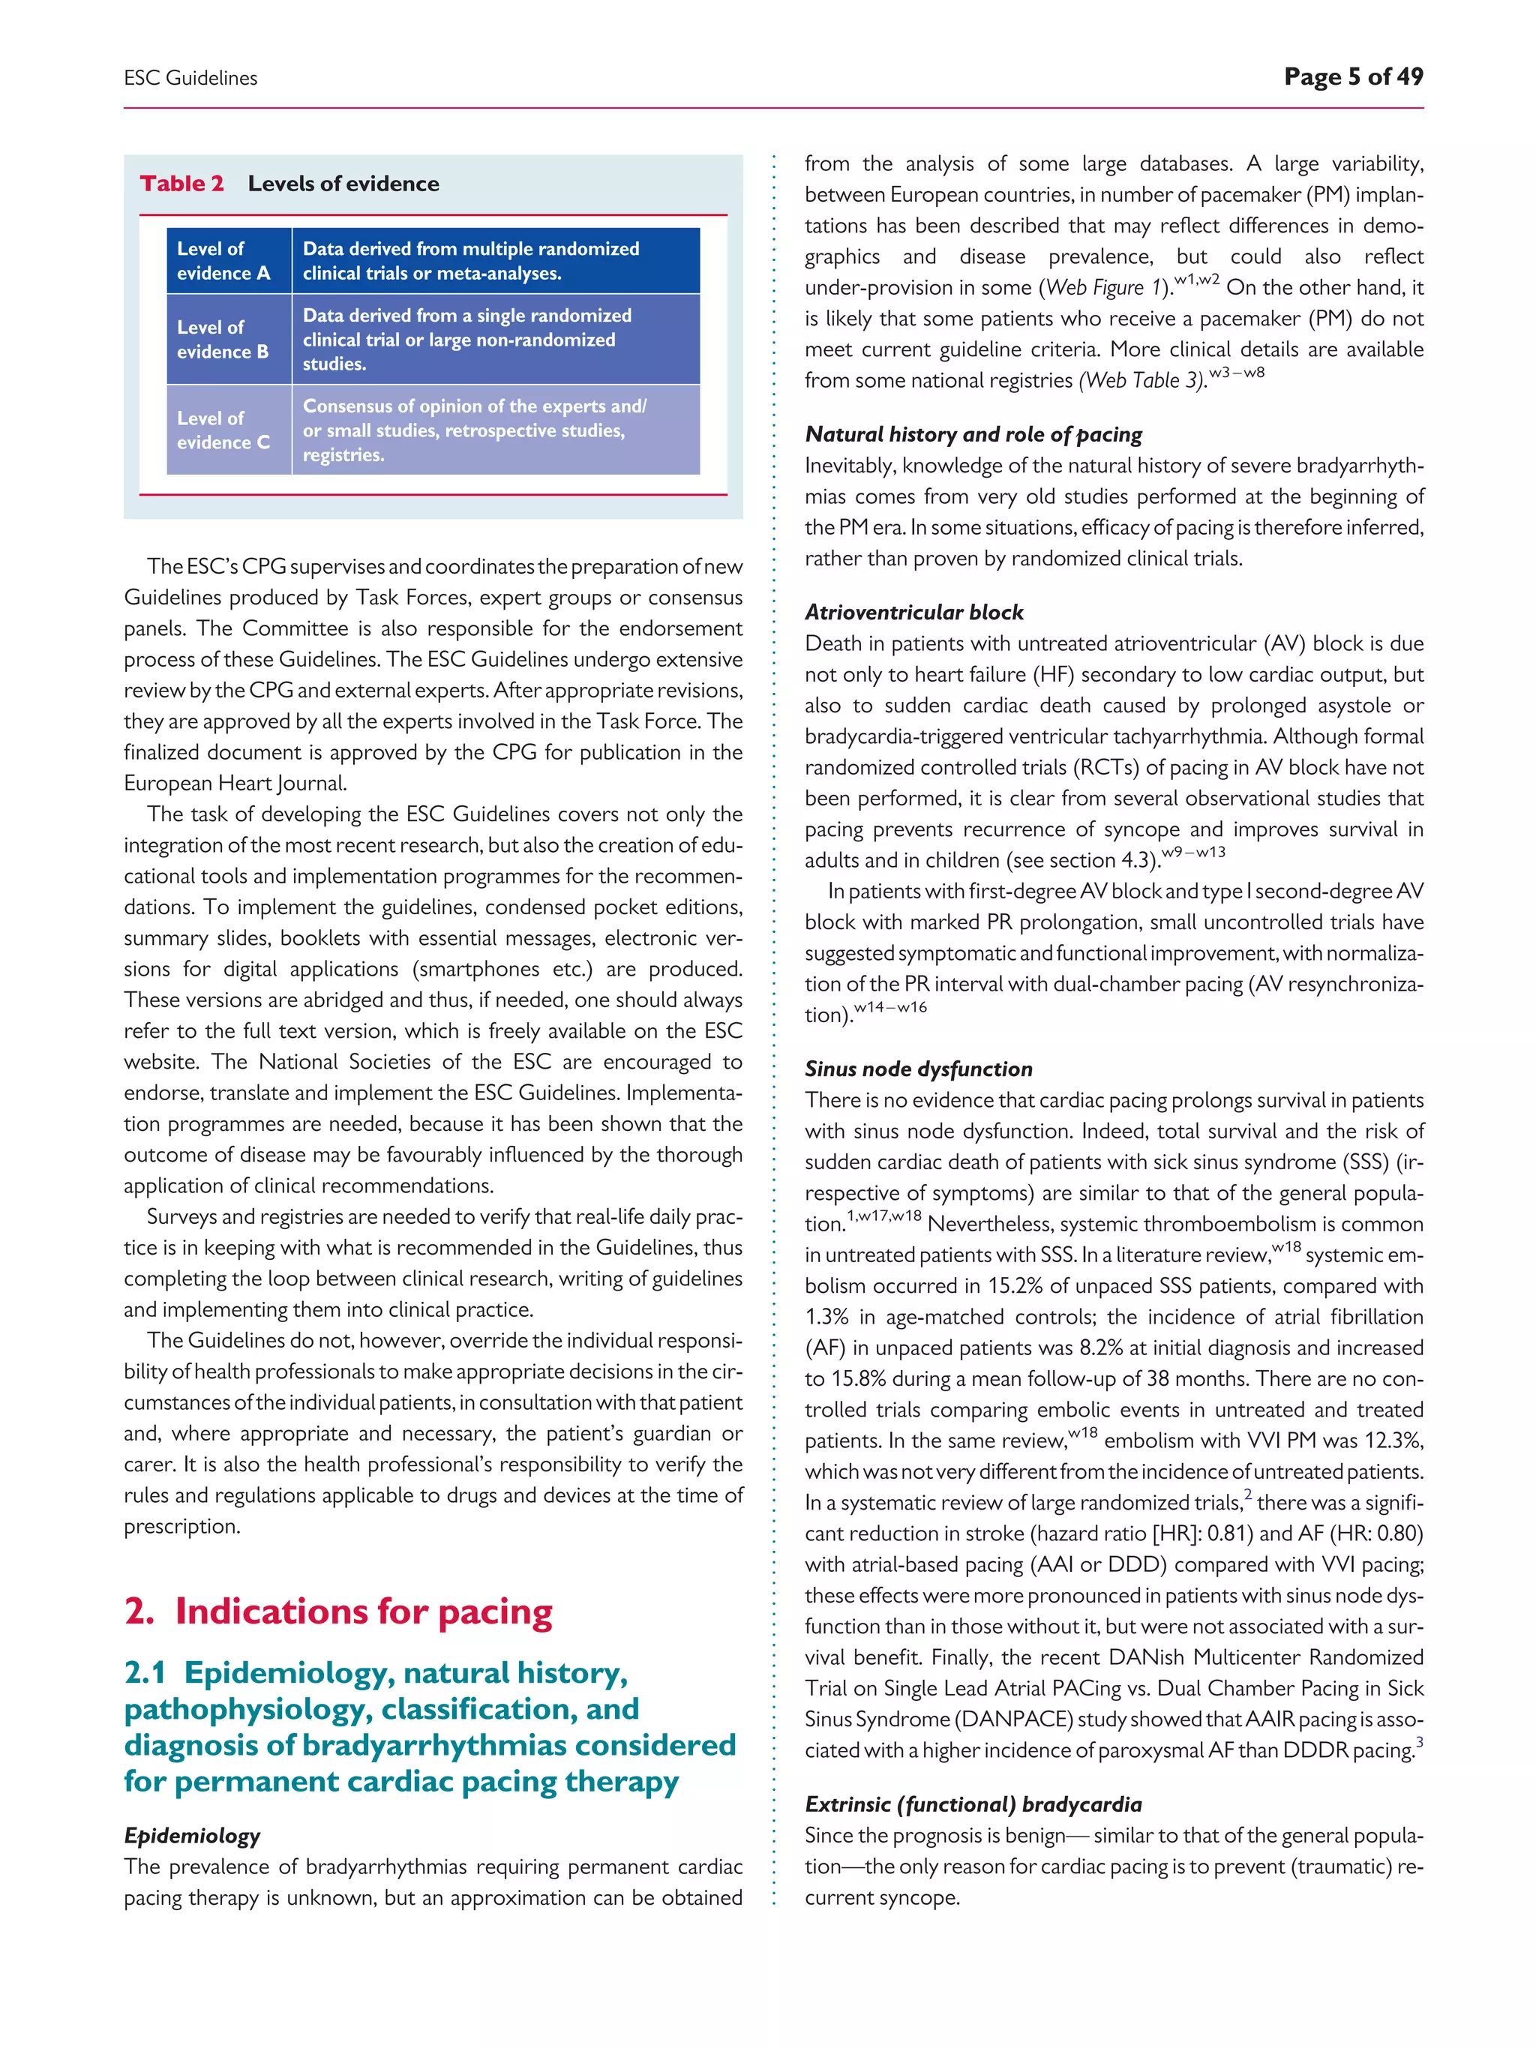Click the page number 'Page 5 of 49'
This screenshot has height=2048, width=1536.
pyautogui.click(x=1353, y=76)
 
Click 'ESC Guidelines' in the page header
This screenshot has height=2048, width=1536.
pyautogui.click(x=190, y=79)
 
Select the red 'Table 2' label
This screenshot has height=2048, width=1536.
pyautogui.click(x=181, y=183)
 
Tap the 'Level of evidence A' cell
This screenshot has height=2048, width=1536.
pyautogui.click(x=224, y=261)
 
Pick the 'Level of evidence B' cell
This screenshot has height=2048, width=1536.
pyautogui.click(x=223, y=339)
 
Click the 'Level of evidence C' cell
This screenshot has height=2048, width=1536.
pyautogui.click(x=224, y=430)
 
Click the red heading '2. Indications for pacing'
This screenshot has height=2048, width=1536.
pyautogui.click(x=338, y=1611)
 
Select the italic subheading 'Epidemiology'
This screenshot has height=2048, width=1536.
pyautogui.click(x=193, y=1835)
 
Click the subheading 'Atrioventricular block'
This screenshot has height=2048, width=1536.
pyautogui.click(x=913, y=612)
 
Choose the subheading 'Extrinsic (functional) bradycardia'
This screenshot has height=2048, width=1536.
pyautogui.click(x=973, y=1804)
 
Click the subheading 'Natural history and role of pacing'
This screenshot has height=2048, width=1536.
pyautogui.click(x=973, y=434)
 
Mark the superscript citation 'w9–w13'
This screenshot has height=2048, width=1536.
pyautogui.click(x=1194, y=852)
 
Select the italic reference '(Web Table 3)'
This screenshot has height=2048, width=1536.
pyautogui.click(x=1144, y=380)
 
